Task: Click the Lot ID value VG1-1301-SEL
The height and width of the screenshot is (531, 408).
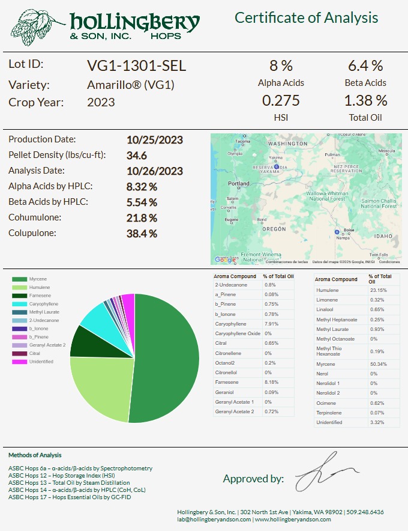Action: (x=137, y=65)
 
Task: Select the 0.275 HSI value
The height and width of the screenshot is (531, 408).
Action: (x=281, y=100)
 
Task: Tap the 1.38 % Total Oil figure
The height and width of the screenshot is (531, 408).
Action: (x=365, y=100)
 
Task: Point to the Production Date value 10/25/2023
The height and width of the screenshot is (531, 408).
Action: (x=155, y=140)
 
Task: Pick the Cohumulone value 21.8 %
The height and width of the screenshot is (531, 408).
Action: (x=142, y=217)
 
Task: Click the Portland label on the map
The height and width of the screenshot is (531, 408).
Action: (x=239, y=184)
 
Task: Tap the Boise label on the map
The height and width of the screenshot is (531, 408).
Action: (x=348, y=230)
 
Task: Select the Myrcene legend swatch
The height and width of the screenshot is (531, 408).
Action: (x=20, y=279)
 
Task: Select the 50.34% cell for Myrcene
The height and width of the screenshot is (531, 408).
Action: (x=378, y=364)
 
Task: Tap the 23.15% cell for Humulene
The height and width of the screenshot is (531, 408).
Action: (x=378, y=291)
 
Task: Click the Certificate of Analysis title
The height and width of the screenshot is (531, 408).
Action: (x=306, y=18)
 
